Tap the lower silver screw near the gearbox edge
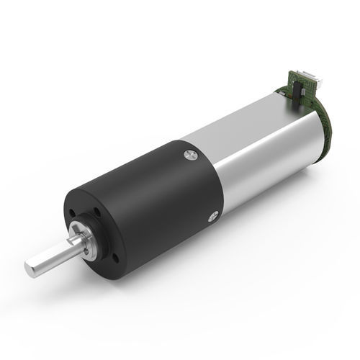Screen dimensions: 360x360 (x=212, y=214)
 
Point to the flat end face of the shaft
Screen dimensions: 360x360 (x=29, y=269)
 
